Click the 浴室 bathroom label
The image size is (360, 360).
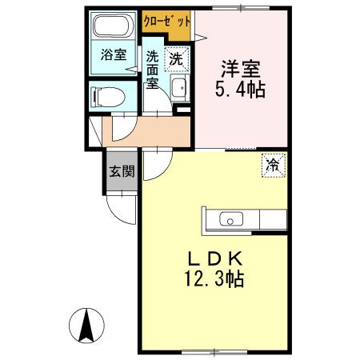pos(113,55)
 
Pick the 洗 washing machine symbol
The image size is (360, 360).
pos(177,58)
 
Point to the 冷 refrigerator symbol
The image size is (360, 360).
pos(272,166)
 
